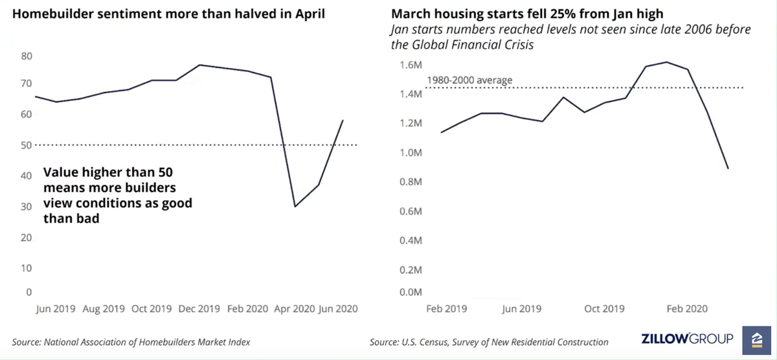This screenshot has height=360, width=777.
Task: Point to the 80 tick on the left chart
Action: click(27, 56)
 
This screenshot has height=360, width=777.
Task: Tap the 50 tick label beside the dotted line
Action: click(27, 145)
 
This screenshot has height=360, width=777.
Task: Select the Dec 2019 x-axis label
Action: click(200, 309)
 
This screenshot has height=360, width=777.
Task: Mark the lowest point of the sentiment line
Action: click(295, 206)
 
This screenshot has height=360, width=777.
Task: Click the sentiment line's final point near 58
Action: click(343, 120)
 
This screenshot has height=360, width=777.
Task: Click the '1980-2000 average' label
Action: click(469, 80)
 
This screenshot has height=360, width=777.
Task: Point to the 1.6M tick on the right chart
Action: click(410, 65)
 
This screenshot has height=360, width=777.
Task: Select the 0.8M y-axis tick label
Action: click(410, 182)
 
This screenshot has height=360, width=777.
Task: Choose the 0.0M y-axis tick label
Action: click(410, 292)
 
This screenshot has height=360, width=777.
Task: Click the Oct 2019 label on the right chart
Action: click(604, 309)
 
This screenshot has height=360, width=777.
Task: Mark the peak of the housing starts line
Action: click(667, 62)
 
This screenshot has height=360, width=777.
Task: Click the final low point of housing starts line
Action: click(728, 168)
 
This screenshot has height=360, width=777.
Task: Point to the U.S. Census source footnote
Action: click(489, 342)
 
